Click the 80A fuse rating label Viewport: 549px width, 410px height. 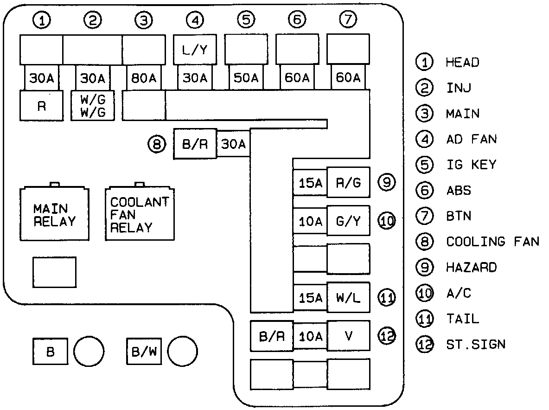coord(144,78)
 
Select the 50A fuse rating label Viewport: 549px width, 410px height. coord(246,78)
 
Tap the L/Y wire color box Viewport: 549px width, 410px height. coord(195,49)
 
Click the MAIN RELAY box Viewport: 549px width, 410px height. coord(55,213)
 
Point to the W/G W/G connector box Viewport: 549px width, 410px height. coord(93,106)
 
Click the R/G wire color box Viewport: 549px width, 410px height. coord(348,182)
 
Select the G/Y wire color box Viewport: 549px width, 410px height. coord(348,221)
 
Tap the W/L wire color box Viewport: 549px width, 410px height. coord(348,297)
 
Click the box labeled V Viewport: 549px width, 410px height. coord(348,336)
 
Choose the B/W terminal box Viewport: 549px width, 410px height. coord(144,351)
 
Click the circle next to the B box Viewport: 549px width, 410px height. coord(89,351)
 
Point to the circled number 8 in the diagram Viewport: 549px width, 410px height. coord(157,144)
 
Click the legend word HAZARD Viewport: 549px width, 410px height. coord(471,268)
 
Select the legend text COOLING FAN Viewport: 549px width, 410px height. coord(492,242)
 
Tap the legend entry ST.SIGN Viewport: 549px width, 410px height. coord(476,345)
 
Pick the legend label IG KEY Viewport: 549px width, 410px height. coord(471,165)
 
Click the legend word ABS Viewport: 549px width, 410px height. coord(459,191)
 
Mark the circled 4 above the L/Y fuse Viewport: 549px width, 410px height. coord(195,20)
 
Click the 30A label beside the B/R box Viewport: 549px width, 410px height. coord(233,144)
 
